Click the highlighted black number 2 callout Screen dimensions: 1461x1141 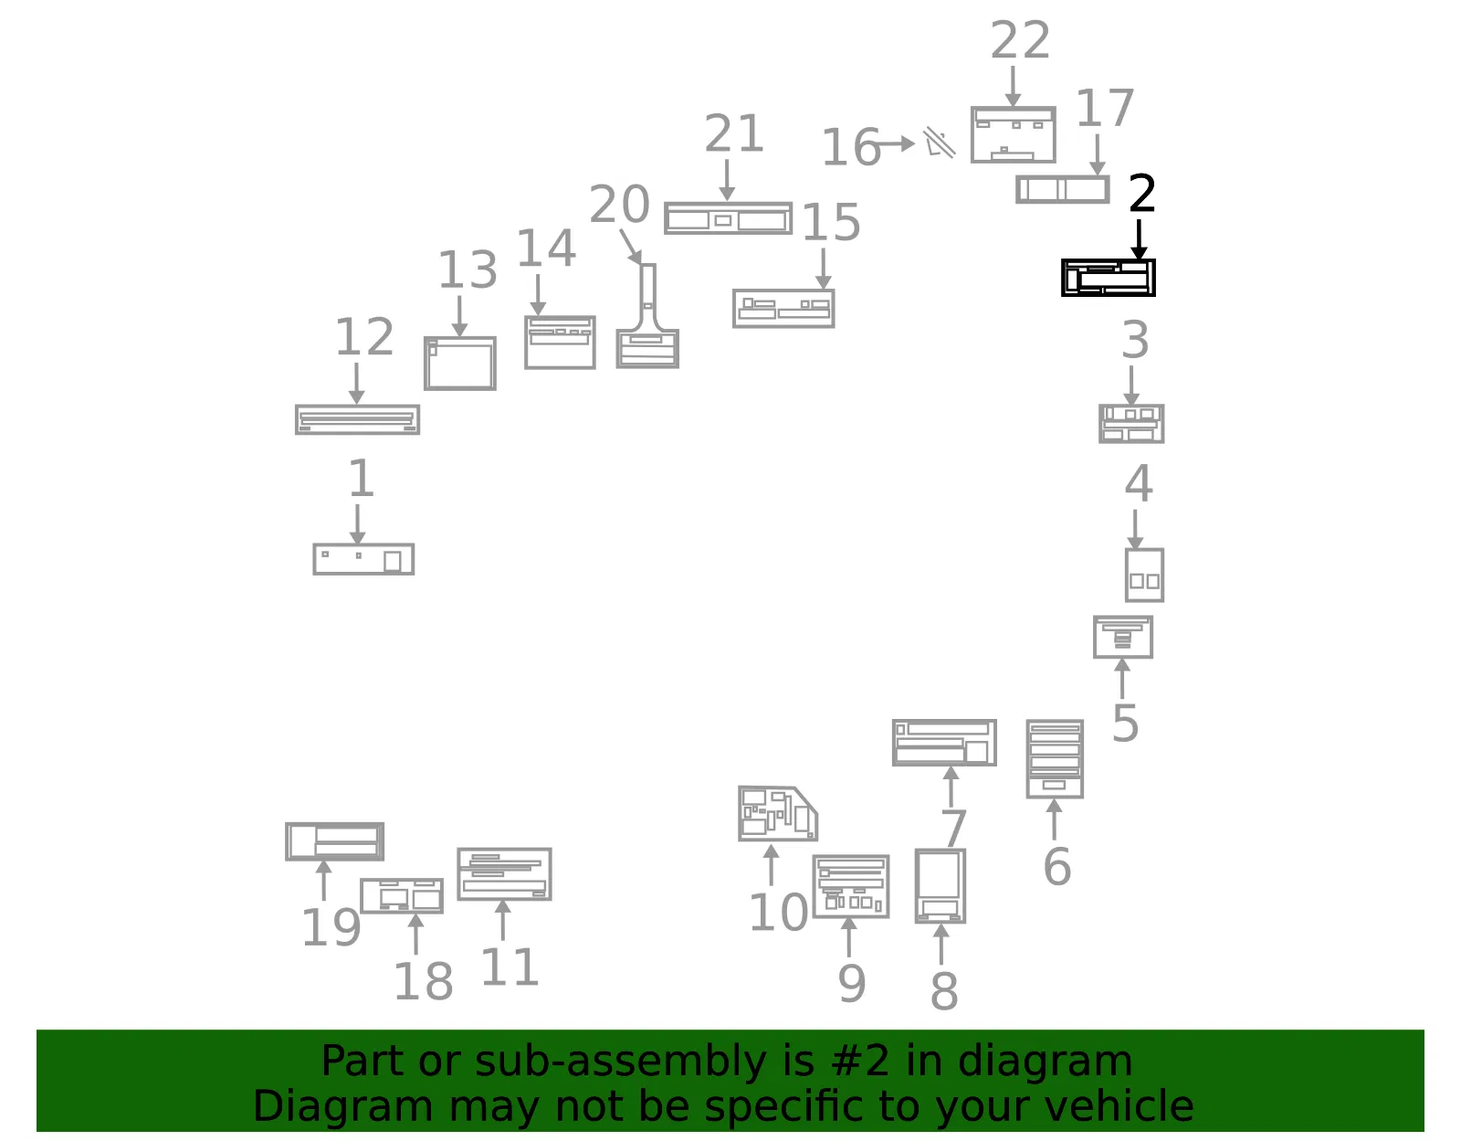[x=1141, y=194]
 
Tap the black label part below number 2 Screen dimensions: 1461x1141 [x=1108, y=278]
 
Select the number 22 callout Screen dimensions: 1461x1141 [x=1020, y=40]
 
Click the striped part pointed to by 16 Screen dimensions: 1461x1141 [x=940, y=143]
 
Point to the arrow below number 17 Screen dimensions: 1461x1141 [x=1098, y=155]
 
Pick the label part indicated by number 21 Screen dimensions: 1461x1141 [x=728, y=217]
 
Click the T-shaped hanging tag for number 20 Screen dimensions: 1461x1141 [x=647, y=316]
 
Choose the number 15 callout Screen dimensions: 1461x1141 [x=831, y=222]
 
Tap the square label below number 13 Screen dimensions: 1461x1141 [x=460, y=364]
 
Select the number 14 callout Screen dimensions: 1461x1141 [x=546, y=248]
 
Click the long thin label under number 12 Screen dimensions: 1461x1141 [x=358, y=419]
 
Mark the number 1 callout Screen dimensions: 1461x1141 [x=361, y=479]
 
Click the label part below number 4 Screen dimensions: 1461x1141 [x=1144, y=575]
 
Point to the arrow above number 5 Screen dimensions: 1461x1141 [x=1121, y=679]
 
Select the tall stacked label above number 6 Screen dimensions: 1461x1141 [x=1055, y=759]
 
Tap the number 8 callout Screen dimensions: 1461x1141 [x=943, y=990]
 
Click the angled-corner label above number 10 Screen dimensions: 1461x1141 [x=777, y=814]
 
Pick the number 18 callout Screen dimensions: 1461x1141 [x=423, y=981]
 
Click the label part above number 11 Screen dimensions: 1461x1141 [x=504, y=874]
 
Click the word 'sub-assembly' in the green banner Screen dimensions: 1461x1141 [x=620, y=1061]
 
